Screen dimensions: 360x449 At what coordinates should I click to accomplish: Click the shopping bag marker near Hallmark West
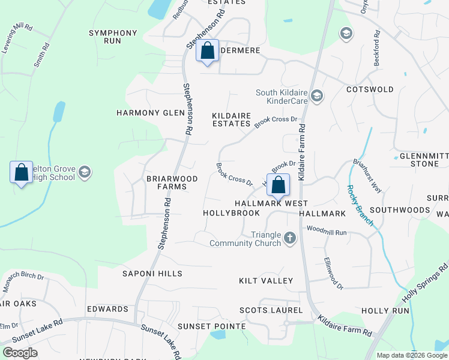click(278, 185)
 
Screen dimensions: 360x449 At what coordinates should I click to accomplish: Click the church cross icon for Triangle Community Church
click(290, 238)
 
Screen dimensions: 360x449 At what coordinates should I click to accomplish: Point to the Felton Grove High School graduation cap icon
click(85, 173)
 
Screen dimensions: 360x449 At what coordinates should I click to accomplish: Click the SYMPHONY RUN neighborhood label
click(113, 37)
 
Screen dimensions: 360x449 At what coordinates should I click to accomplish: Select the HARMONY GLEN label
click(145, 113)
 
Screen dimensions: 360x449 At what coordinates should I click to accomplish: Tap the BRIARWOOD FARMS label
click(167, 183)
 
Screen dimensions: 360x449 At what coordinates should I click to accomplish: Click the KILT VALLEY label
click(266, 281)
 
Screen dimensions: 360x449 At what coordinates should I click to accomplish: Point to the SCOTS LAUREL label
click(268, 310)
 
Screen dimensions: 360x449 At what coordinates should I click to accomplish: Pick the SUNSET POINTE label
click(212, 326)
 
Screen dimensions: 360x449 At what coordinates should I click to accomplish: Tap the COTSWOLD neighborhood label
click(370, 89)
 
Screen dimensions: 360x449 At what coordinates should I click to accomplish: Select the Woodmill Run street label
click(327, 231)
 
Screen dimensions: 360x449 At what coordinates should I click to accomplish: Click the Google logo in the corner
click(20, 352)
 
